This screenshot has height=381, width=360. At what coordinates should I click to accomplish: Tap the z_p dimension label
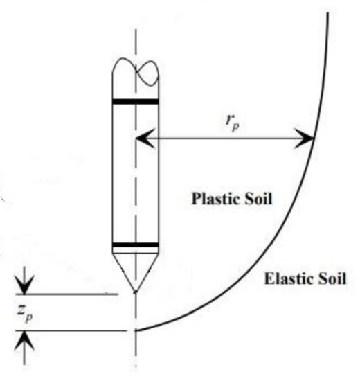click(x=25, y=314)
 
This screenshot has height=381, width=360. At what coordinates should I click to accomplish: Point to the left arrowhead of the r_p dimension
click(x=145, y=139)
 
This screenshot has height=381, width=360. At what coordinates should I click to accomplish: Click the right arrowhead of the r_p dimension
click(x=305, y=139)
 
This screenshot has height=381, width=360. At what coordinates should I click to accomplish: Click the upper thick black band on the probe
click(x=136, y=102)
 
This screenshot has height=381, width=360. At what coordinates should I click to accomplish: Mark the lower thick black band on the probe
click(x=136, y=245)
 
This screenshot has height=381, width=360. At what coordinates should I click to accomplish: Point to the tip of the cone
click(x=136, y=292)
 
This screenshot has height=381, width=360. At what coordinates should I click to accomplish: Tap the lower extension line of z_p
click(x=71, y=330)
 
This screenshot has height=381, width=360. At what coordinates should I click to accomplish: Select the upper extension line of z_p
click(x=66, y=294)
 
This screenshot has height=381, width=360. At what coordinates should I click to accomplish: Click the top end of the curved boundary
click(x=328, y=12)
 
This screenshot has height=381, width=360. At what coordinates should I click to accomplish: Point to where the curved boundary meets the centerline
click(x=136, y=330)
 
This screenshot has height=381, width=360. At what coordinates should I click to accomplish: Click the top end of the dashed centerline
click(x=136, y=30)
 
